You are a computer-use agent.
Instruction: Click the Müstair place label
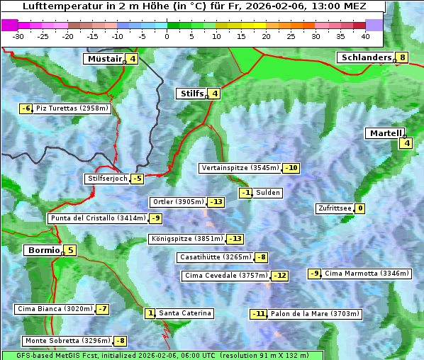[x=104, y=59]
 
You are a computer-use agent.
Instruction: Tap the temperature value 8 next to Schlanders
[x=402, y=58]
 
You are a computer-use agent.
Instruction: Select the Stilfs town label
[x=191, y=93]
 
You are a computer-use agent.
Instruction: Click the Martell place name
[x=385, y=133]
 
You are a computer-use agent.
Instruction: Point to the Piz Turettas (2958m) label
[x=72, y=108]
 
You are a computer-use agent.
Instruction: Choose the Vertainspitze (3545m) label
[x=240, y=168]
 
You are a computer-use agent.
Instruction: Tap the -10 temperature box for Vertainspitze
[x=291, y=168]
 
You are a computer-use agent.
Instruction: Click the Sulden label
[x=268, y=193]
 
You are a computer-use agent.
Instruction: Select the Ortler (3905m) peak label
[x=178, y=202]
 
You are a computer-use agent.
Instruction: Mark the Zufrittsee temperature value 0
[x=360, y=208]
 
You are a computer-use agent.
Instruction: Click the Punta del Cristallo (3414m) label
[x=97, y=218]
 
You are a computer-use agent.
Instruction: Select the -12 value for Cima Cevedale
[x=280, y=276]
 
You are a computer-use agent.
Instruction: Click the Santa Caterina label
[x=184, y=313]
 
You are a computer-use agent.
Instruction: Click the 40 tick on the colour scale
[x=365, y=35]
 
